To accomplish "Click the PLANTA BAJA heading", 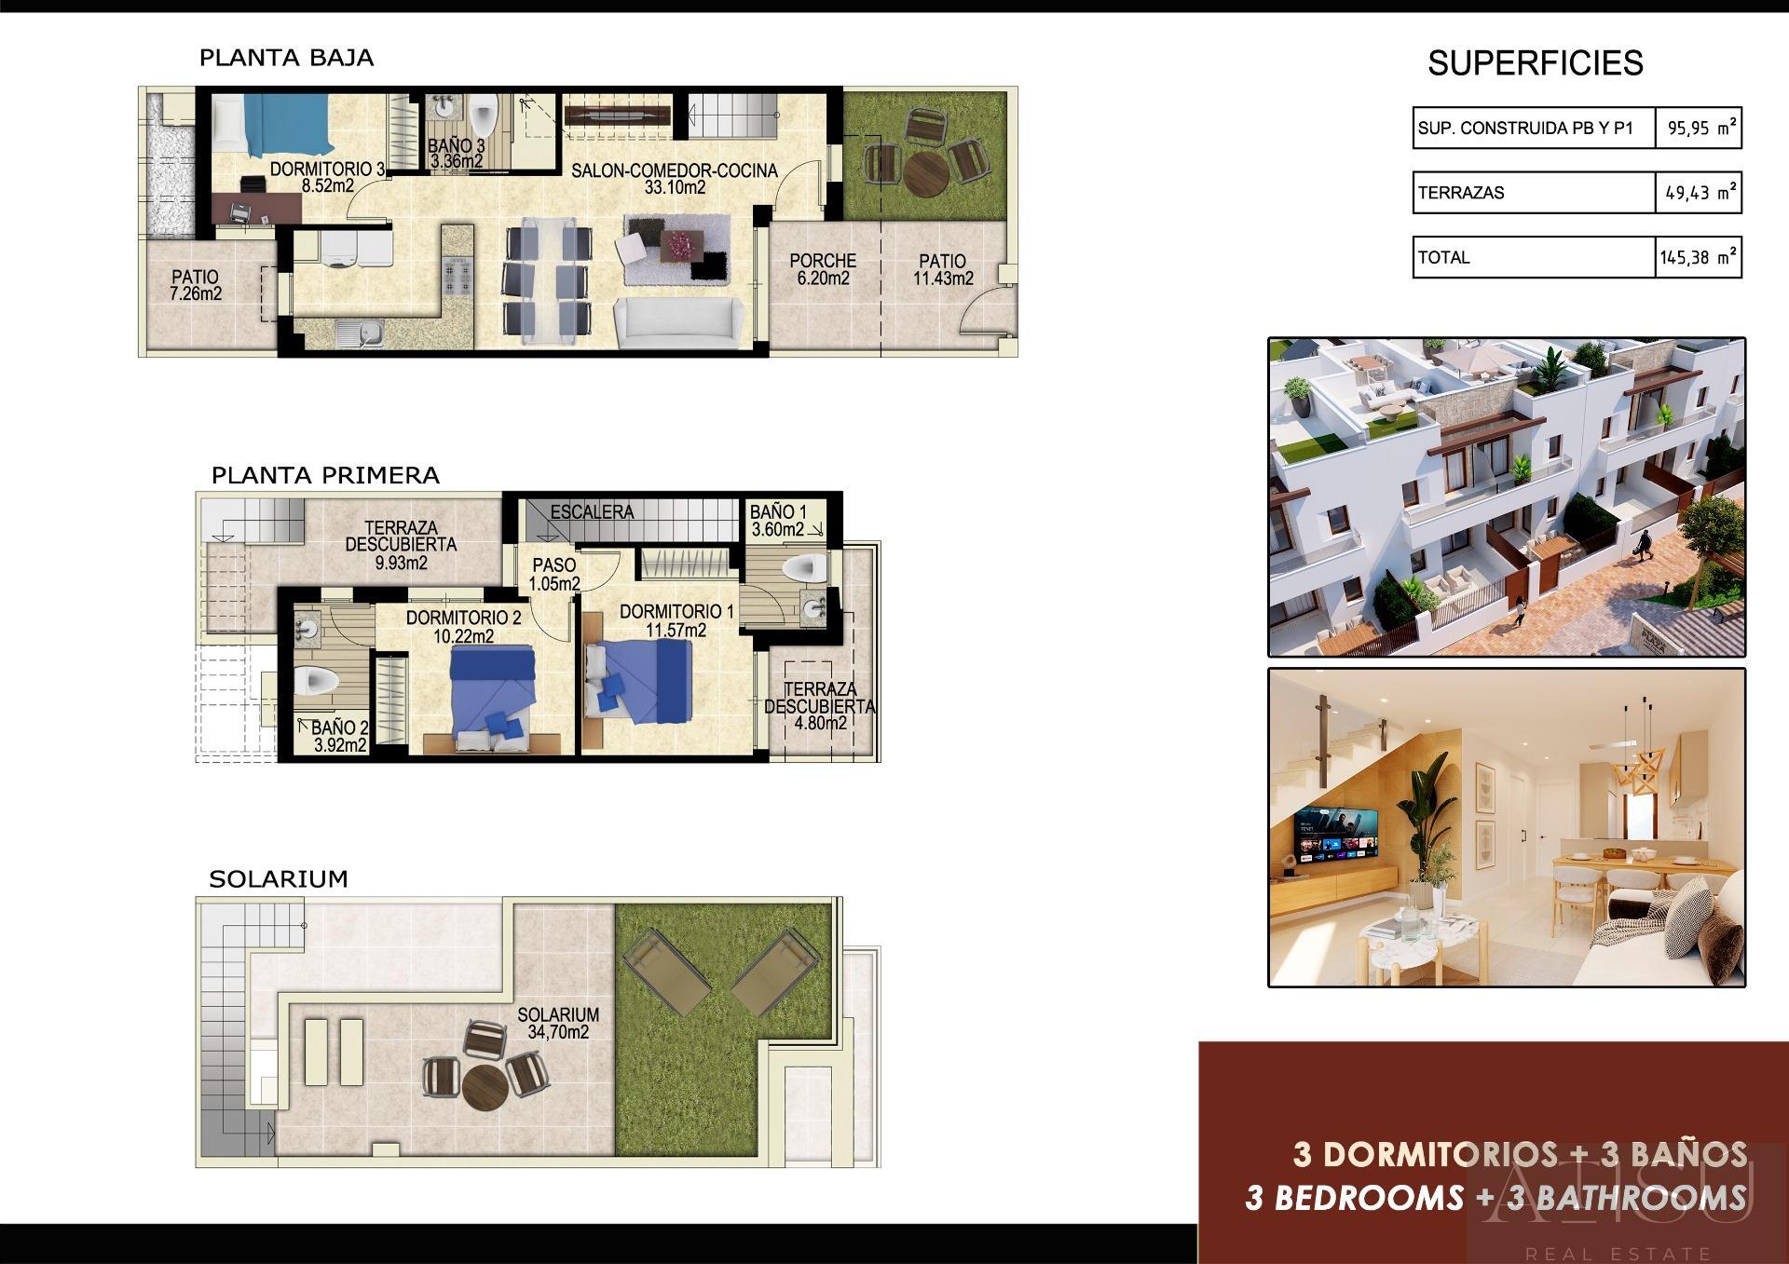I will point(286,58).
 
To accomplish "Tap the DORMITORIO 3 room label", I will point(327,170).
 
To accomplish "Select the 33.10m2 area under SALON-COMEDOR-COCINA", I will point(675,187).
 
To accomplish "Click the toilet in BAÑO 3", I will point(483,116).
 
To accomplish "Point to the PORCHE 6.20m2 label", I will point(822,269).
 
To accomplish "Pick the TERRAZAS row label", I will point(1461,193).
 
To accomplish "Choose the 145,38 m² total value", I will point(1698,257).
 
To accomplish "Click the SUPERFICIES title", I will point(1535,63).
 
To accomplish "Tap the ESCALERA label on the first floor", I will point(592,512).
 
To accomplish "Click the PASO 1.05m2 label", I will point(554,574).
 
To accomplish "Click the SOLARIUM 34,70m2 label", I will point(558,1023).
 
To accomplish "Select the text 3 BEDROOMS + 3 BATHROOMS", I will point(1495,1197).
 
